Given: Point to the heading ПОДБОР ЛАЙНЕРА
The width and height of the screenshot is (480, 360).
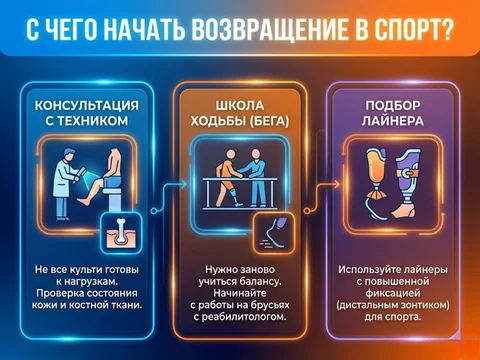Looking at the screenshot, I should pos(392,113).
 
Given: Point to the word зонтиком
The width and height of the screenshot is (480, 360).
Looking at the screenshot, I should pos(423,305).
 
